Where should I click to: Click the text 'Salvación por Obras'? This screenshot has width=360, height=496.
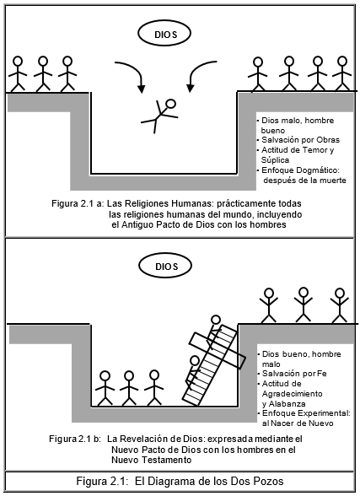point(301,140)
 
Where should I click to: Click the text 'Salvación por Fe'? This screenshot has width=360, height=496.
point(294,374)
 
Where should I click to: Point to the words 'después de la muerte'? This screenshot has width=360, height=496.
point(304,181)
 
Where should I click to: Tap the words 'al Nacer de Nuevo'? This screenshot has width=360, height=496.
point(298,423)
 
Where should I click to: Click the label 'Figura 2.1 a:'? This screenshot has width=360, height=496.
point(78,203)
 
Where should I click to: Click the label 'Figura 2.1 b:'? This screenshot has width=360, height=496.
point(74,439)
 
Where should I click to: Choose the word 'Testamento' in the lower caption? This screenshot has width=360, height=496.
point(166,460)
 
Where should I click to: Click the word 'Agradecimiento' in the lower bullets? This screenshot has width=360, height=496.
point(292,394)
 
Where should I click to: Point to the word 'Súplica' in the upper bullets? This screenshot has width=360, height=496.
point(275,160)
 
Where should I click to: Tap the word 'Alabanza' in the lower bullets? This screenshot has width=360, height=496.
point(287,404)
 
